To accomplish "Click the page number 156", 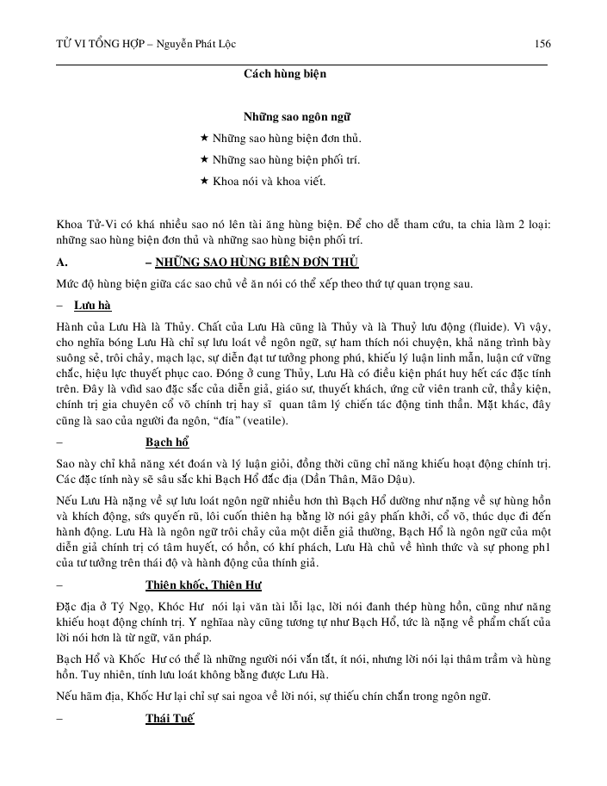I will pos(542,44).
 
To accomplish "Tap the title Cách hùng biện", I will pos(284,74).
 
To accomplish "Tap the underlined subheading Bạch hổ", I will pos(167,443).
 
